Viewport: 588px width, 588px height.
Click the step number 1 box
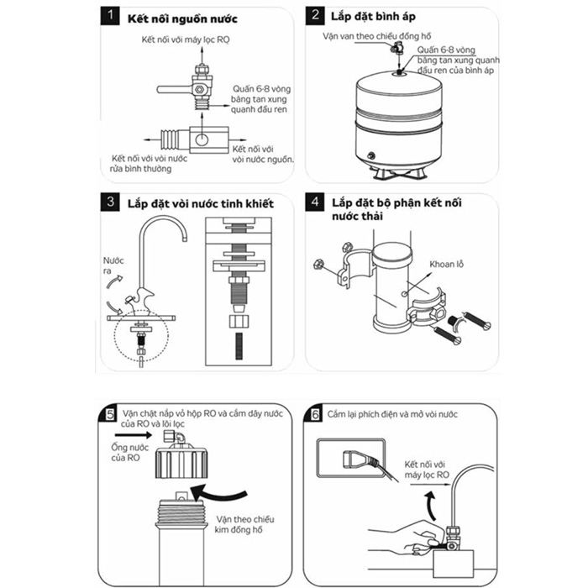(109, 17)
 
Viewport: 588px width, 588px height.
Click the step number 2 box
(315, 16)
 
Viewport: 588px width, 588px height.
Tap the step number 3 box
(109, 202)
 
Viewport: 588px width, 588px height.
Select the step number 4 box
(315, 202)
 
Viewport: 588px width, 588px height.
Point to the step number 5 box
(110, 413)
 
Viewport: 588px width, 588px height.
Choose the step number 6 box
(316, 413)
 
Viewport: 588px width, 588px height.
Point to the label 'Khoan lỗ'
(446, 265)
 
